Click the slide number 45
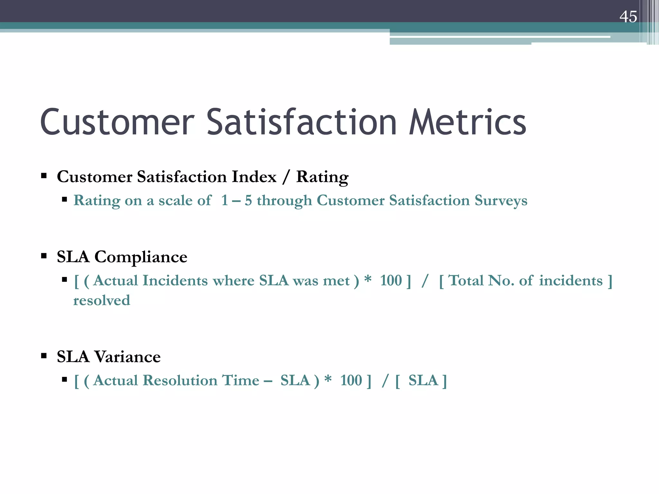pos(628,17)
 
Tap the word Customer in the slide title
pos(117,123)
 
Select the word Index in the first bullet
pos(254,177)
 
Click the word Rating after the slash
pos(322,177)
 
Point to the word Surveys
pos(501,200)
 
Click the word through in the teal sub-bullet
pos(284,201)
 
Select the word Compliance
pos(141,257)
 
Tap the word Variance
pos(127,357)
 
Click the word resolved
pos(102,300)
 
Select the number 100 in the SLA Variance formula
pos(351,380)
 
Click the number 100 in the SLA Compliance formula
pos(391,280)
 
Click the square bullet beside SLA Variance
pos(44,356)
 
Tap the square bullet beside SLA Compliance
pos(44,256)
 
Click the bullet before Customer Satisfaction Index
pos(44,176)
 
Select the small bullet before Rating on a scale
pos(64,200)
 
